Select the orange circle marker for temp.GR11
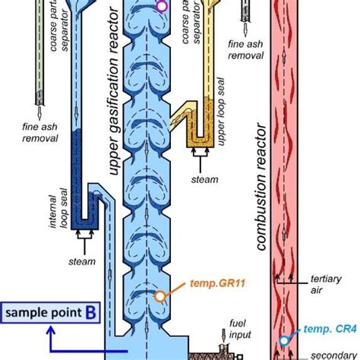point(160,298)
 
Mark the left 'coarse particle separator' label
point(58,30)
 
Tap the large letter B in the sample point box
point(90,312)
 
